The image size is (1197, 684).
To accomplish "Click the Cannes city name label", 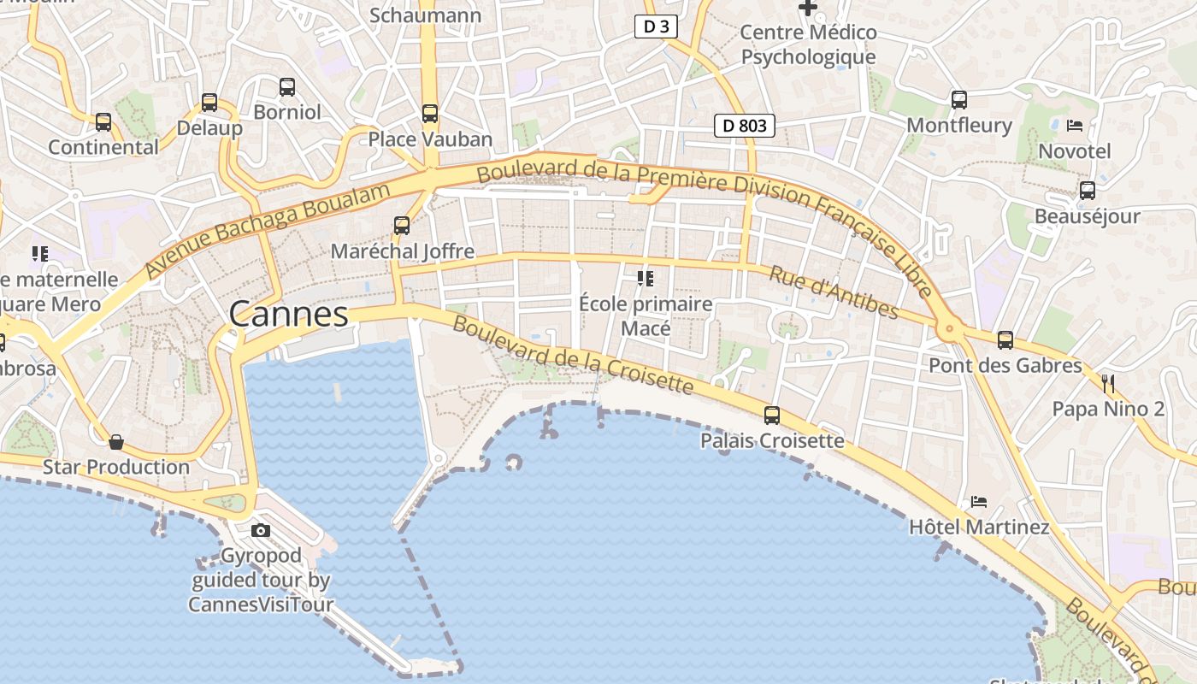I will pyautogui.click(x=289, y=315).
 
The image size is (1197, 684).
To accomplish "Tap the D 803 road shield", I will pyautogui.click(x=744, y=126).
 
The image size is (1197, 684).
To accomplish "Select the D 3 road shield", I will pyautogui.click(x=656, y=27).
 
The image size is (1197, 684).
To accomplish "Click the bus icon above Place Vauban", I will pyautogui.click(x=430, y=113).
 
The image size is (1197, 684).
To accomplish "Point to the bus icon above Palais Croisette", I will pyautogui.click(x=772, y=416).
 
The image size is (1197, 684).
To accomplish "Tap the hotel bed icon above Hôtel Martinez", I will pyautogui.click(x=979, y=501).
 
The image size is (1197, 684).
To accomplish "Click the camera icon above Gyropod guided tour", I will pyautogui.click(x=261, y=530).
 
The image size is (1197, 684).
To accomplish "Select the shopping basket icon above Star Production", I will pyautogui.click(x=116, y=442).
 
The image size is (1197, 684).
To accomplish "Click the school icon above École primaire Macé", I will pyautogui.click(x=646, y=279).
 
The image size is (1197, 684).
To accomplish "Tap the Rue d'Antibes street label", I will pyautogui.click(x=834, y=292).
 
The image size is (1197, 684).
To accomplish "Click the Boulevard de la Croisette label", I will pyautogui.click(x=572, y=356).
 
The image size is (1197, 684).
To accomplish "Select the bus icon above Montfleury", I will pyautogui.click(x=959, y=100).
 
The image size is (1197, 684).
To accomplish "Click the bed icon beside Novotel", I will pyautogui.click(x=1075, y=126).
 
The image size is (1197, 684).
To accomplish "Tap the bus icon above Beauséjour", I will pyautogui.click(x=1087, y=191).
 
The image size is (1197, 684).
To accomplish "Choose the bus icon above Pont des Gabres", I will pyautogui.click(x=1005, y=340).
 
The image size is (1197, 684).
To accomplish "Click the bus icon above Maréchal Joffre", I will pyautogui.click(x=402, y=226).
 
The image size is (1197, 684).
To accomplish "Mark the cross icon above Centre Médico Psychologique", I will pyautogui.click(x=808, y=8).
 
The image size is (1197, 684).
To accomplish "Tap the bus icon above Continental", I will pyautogui.click(x=103, y=121).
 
